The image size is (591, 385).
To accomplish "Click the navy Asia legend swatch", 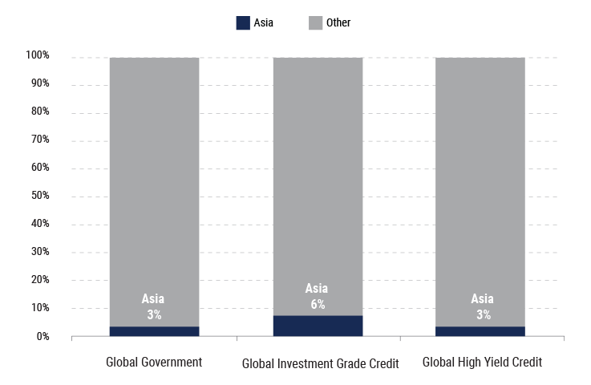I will pos(243,22).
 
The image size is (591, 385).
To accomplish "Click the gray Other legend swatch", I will pos(315,22).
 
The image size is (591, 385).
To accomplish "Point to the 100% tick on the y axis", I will pos(37,56).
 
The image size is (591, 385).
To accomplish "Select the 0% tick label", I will pos(42,336).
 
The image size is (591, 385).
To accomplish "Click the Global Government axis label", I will pos(154,363).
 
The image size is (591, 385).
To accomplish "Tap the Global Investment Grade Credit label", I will pos(320,363).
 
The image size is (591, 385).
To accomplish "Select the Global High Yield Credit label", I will pos(483,363).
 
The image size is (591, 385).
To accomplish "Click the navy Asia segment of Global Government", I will pos(154,331).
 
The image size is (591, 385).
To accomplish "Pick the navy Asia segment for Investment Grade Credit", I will pos(318,326).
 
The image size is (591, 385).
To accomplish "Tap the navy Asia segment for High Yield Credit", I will pos(480,331).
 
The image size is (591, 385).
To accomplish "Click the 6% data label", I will pos(318,304).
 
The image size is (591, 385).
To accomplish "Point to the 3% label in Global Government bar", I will pos(154,314).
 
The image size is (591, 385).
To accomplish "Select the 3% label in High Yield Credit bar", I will pos(483,314).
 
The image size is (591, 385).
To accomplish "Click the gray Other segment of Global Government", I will pos(154,176).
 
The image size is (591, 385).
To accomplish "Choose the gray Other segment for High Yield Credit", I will pos(480,176).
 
